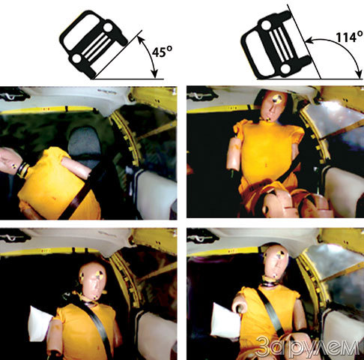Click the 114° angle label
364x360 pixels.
point(349,37)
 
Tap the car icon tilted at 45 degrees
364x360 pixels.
point(94,43)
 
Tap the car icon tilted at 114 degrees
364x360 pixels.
point(276,45)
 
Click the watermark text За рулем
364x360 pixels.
point(309,347)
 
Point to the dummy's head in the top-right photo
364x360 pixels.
point(273,105)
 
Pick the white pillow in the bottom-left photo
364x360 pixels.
point(40,324)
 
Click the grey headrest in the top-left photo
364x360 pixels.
point(85,146)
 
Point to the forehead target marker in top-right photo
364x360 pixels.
point(276,98)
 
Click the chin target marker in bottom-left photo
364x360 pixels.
point(96,298)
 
